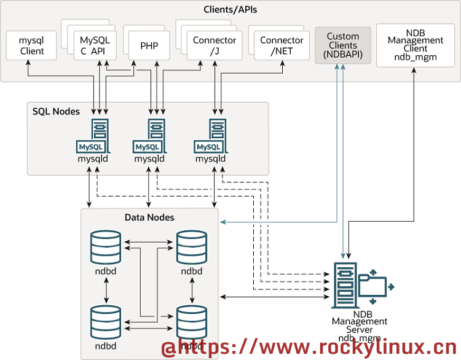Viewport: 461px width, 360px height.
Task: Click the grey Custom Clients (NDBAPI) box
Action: click(342, 45)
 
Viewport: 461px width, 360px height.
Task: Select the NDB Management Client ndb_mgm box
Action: click(416, 45)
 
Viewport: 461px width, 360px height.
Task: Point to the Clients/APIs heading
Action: click(230, 10)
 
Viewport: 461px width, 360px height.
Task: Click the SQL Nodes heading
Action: click(56, 112)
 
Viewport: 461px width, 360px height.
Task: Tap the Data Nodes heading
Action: click(149, 217)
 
